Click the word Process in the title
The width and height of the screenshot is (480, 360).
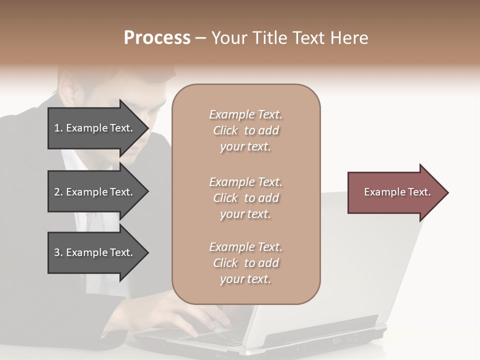(x=157, y=38)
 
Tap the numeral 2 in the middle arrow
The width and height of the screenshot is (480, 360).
(x=57, y=192)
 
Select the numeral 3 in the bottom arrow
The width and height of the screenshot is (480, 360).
(x=57, y=252)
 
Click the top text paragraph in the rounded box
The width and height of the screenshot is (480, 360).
(x=245, y=130)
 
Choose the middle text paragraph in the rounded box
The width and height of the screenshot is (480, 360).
(x=245, y=198)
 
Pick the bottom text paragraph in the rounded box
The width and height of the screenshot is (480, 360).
(x=245, y=263)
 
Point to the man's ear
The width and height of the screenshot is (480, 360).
(x=69, y=92)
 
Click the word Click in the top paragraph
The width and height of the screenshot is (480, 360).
(x=225, y=130)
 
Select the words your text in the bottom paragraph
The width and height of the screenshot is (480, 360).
(x=245, y=279)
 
